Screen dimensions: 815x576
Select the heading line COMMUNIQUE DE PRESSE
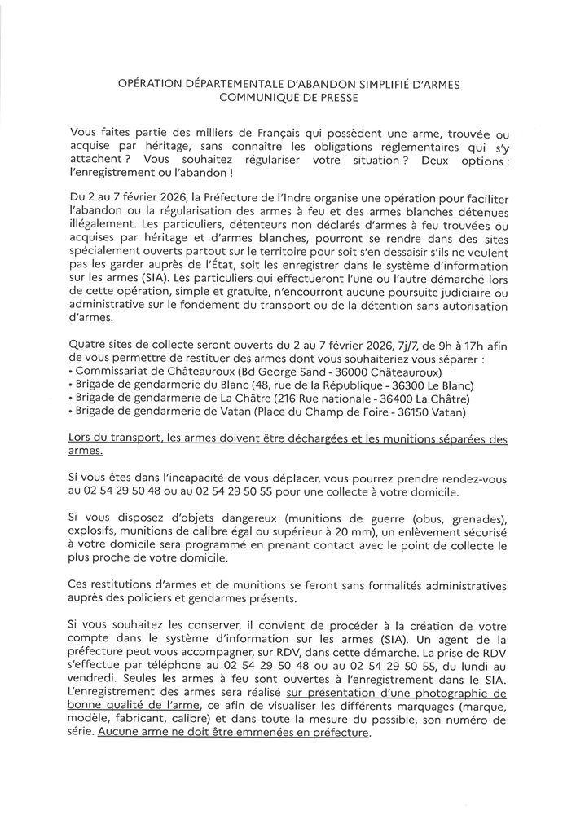[x=288, y=97]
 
